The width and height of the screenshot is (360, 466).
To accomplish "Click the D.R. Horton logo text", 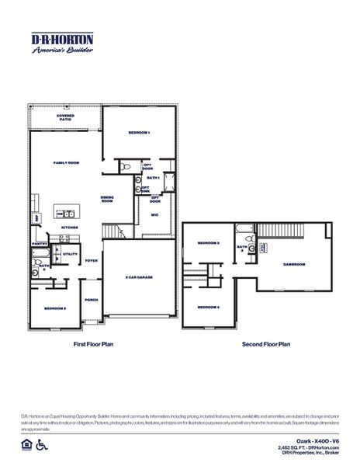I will pos(62,40).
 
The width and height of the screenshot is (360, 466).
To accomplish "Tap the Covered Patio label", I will pos(66,117).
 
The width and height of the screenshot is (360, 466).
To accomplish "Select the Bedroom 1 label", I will pos(140,134).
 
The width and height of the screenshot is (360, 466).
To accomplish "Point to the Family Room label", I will pos(66,163).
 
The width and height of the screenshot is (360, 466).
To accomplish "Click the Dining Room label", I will pos(108,199).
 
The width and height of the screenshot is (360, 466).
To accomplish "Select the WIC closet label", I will pos(154,215).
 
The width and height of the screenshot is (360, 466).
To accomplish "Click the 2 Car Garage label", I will pos(140,277).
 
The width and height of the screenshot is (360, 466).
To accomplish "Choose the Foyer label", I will pos(92,260).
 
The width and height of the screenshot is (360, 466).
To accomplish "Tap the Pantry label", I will pos(40,243).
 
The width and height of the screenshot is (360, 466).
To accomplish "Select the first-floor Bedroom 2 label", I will pos(54,308).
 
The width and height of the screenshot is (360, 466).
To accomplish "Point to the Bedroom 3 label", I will pos(208,243).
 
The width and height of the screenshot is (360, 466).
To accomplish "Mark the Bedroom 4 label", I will pos(208,307).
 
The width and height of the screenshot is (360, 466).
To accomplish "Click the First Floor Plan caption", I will pos(94,343).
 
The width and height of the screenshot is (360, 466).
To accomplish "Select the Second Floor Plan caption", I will pos(266,343).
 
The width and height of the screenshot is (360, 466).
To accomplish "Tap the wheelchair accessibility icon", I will pos(40,445).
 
